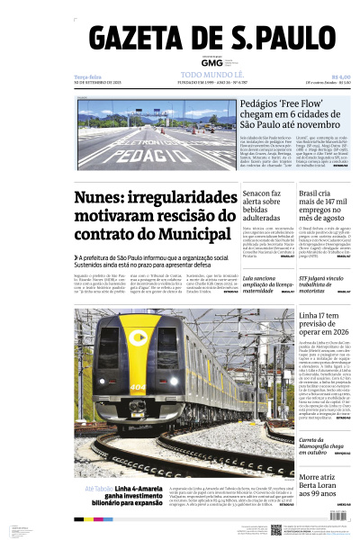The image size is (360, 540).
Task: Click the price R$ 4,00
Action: [x=340, y=76]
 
